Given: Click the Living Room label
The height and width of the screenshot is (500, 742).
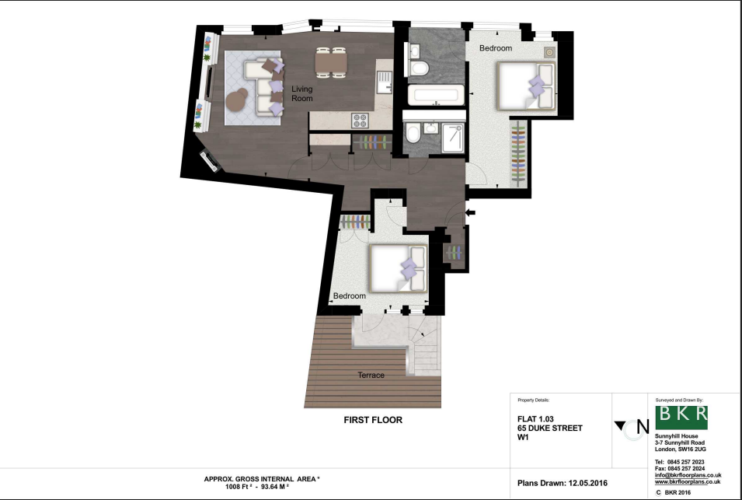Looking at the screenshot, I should pos(301,94).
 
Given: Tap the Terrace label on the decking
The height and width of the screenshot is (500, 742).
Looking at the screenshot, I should pos(371,375).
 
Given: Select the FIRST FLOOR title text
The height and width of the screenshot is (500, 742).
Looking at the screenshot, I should pos(373,420).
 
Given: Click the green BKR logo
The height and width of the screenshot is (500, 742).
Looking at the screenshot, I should pos(681,417).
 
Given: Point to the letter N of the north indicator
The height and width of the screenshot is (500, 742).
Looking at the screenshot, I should pos(643,426).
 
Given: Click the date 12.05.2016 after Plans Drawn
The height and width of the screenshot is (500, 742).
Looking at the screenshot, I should pos(580,484).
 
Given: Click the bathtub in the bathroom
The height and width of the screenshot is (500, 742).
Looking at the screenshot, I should pos(434,96).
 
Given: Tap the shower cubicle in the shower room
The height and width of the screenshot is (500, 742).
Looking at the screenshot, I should pos(450,137).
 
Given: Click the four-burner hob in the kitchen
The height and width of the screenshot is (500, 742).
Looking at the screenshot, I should pos(361,121).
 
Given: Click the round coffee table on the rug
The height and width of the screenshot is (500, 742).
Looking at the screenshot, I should pos(239,99).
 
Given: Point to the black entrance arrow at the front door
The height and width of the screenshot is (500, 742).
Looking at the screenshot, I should pos(470,212).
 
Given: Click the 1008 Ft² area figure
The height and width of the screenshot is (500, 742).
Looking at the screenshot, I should pos(223,486).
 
